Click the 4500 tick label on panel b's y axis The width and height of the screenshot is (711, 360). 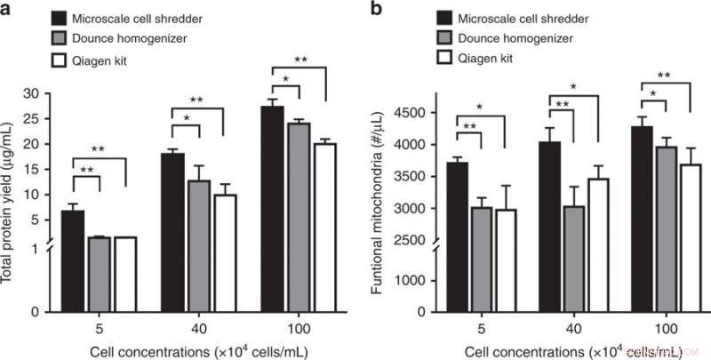417,112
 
